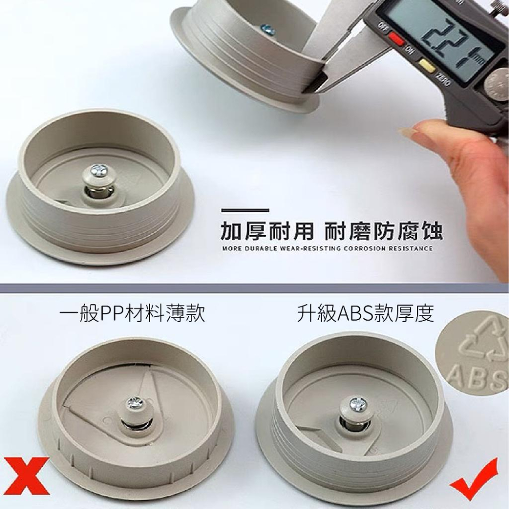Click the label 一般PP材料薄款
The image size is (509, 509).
[132, 313]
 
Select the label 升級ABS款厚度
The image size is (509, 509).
[365, 313]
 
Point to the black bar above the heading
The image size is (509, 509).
[245, 210]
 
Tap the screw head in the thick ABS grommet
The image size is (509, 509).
[356, 404]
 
